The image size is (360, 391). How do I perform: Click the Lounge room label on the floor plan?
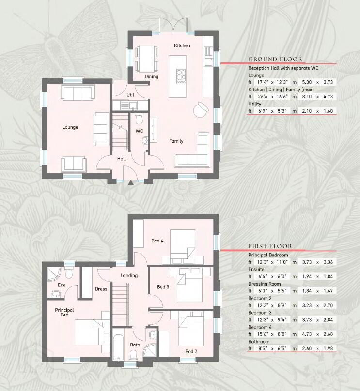click(x=70, y=127)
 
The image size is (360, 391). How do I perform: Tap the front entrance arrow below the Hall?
click(x=130, y=183)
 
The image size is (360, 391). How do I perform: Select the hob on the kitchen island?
click(x=181, y=76)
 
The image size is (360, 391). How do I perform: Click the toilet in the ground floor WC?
click(x=139, y=119)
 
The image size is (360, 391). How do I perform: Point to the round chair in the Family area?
click(x=201, y=109)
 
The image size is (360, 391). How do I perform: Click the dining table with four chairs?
click(x=147, y=59)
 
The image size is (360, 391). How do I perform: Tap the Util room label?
click(x=130, y=95)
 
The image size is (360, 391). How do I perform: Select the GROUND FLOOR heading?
click(x=275, y=60)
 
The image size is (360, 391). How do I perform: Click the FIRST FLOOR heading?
click(x=270, y=246)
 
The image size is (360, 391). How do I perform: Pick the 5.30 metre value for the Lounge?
click(x=307, y=82)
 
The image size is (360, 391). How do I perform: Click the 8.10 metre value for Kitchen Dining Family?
click(x=307, y=96)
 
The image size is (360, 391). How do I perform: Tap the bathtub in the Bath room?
click(x=118, y=345)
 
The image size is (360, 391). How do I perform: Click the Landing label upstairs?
click(x=129, y=275)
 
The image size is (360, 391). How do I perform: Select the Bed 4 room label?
click(x=157, y=241)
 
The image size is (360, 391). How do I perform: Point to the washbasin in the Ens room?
click(x=57, y=294)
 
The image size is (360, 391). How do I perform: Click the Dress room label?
click(x=101, y=289)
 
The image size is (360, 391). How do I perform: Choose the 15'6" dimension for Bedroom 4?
click(x=262, y=334)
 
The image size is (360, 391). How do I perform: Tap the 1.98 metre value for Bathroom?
click(x=328, y=348)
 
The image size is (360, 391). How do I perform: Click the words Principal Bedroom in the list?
click(x=268, y=255)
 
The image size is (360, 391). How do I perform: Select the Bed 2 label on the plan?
click(x=191, y=352)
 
